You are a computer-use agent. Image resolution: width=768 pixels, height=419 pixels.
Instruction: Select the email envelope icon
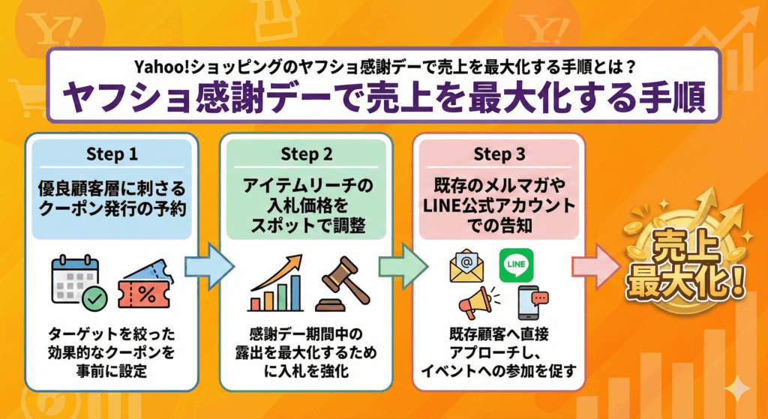[466, 267]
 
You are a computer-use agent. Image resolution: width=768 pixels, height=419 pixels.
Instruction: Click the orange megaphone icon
[475, 304]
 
